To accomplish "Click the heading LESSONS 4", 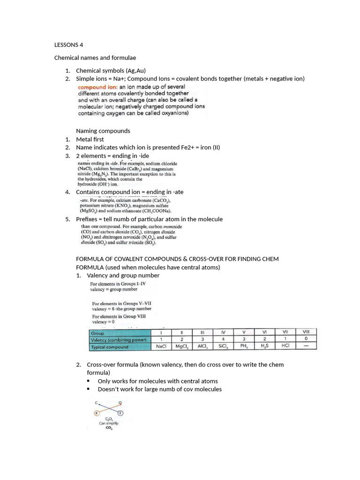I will tap(68, 45).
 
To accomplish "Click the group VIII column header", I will tap(306, 332).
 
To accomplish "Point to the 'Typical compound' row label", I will tap(110, 347).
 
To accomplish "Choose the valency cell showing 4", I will tap(223, 339).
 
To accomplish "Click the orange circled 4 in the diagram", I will tap(97, 413).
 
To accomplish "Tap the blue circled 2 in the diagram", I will tap(120, 413).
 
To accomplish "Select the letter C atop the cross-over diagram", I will tap(96, 403).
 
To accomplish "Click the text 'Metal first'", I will tap(90, 139).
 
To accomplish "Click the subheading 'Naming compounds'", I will tap(103, 131).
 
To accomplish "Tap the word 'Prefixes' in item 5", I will tap(88, 219).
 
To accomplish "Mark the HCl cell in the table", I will tap(285, 347).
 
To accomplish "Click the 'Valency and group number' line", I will tap(123, 275).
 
